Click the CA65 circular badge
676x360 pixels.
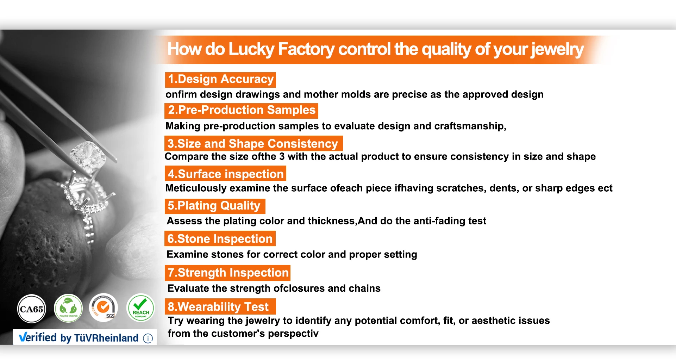(32, 309)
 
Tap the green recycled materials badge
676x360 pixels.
(68, 308)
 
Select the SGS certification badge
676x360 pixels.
(104, 308)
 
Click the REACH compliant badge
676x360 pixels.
(141, 308)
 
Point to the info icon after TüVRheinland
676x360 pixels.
(148, 338)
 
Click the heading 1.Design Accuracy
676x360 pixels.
(220, 79)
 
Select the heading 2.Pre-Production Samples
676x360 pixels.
(242, 110)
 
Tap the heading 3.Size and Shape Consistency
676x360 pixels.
(253, 143)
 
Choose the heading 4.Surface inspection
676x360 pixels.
(226, 174)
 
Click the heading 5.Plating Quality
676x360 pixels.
(214, 206)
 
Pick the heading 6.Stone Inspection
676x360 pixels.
(220, 238)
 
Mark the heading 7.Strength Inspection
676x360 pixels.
(228, 273)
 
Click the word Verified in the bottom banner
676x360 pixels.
(38, 337)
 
